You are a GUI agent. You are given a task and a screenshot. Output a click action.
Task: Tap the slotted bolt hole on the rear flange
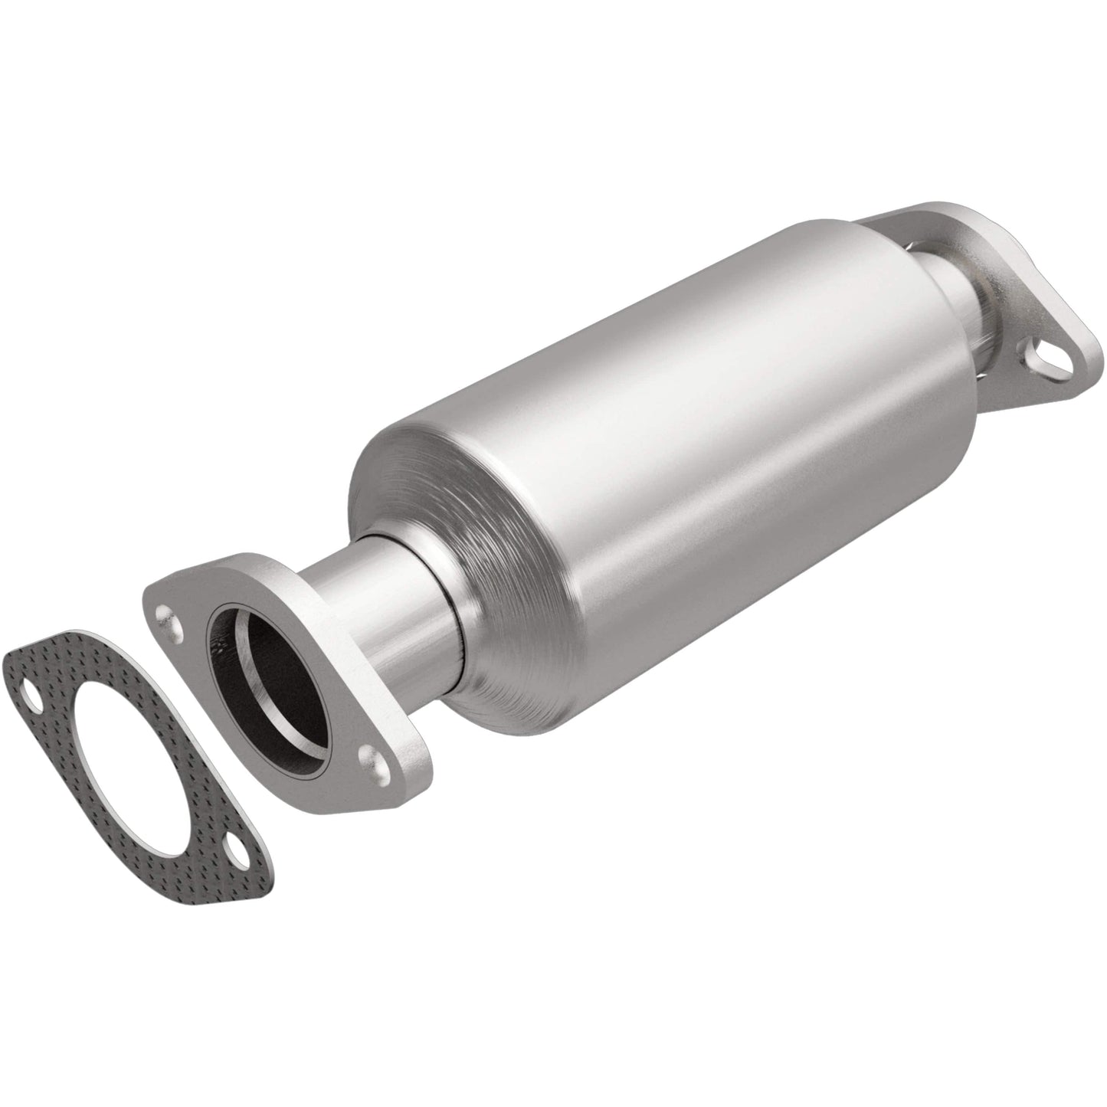(1038, 357)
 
